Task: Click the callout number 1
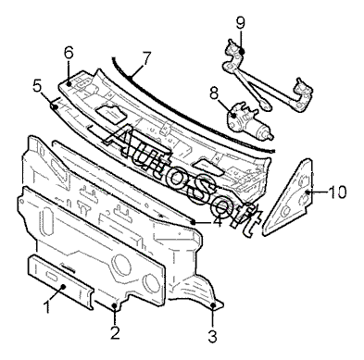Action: [x=47, y=307]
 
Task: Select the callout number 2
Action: [x=115, y=333]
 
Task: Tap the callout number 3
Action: [x=212, y=336]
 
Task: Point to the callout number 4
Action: [x=218, y=221]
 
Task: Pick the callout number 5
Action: [x=37, y=87]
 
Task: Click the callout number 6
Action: [x=69, y=53]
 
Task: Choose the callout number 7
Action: [x=146, y=58]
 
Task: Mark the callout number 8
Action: [x=214, y=93]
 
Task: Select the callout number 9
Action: [x=241, y=23]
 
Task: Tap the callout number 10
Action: [x=337, y=192]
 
